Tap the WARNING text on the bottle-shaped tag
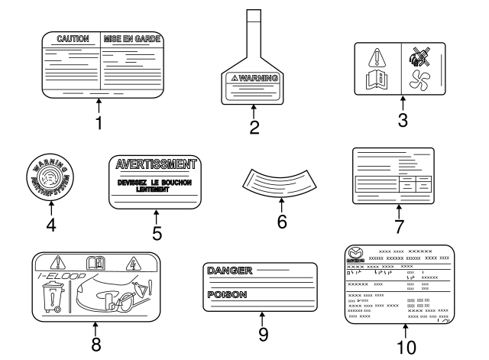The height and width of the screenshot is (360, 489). [257, 78]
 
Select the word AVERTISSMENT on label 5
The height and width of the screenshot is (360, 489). [155, 164]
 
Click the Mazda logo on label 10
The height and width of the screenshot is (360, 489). [355, 255]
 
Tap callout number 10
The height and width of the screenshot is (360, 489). [406, 346]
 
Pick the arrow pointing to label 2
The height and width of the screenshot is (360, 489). [255, 112]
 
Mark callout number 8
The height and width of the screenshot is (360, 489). [96, 344]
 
